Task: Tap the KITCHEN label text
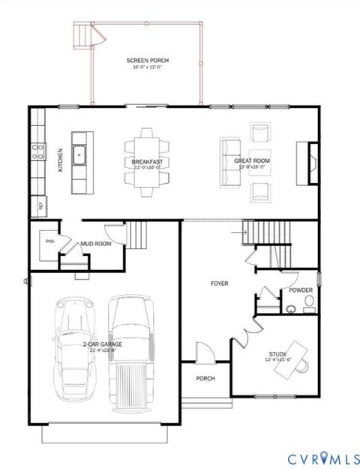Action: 61,161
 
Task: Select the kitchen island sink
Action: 78,155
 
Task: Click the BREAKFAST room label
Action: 146,161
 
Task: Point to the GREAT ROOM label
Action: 251,161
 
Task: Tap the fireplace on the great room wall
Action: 310,161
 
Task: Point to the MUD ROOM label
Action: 96,244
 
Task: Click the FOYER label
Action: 219,283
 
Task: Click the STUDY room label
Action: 279,353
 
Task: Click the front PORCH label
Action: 205,378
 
